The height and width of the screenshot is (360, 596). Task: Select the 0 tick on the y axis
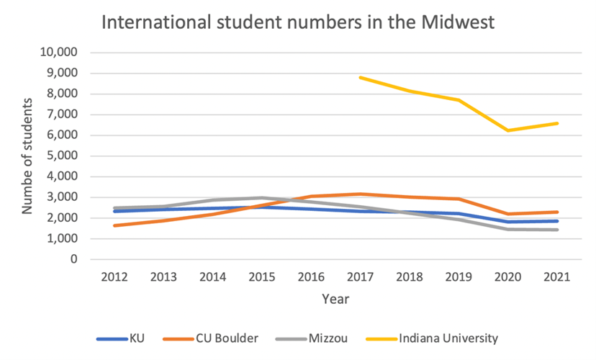pyautogui.click(x=73, y=259)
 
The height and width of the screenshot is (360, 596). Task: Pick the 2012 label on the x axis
pyautogui.click(x=115, y=276)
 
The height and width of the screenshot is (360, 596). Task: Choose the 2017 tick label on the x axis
pyautogui.click(x=361, y=276)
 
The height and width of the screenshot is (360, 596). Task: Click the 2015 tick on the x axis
pyautogui.click(x=263, y=276)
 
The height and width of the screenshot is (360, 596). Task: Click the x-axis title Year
pyautogui.click(x=335, y=297)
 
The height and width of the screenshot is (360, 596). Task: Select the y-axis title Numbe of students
pyautogui.click(x=27, y=156)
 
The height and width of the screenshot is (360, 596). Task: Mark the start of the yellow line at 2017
pyautogui.click(x=361, y=78)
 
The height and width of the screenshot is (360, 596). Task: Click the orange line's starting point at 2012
pyautogui.click(x=115, y=225)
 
